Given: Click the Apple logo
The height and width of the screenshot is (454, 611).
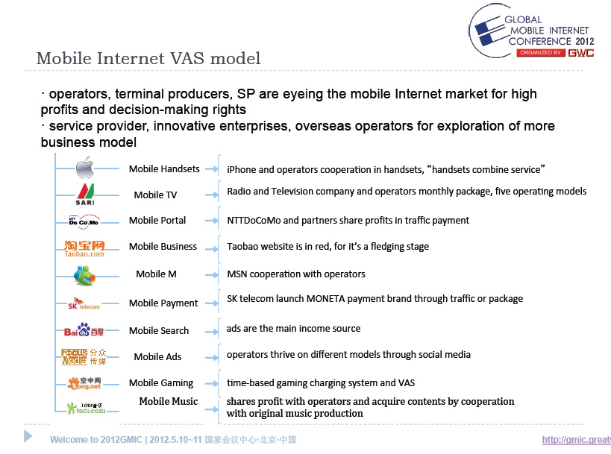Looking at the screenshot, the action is coord(85,168).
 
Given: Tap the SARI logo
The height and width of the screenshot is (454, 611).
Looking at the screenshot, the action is coord(85,195).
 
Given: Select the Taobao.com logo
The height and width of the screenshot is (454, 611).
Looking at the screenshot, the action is coord(84,248).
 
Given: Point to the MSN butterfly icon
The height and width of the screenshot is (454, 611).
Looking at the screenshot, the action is coord(84,275).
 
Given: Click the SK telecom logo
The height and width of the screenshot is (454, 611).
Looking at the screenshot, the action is coord(84,303).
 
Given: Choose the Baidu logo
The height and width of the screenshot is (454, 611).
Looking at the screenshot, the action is coord(84,330).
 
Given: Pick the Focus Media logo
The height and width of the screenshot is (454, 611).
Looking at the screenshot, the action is coord(84,356).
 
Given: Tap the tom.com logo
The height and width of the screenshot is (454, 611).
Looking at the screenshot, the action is coord(86,408).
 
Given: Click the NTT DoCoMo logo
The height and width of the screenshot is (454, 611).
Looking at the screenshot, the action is coord(84,221).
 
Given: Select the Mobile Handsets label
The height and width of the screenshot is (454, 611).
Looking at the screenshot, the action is coord(164,169).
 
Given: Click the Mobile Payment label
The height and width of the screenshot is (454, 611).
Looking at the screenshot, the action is coord(163,303).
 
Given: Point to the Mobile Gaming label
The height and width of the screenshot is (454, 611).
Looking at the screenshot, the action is coord(161,383).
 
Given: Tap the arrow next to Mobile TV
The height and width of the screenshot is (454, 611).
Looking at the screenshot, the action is coord(212,195).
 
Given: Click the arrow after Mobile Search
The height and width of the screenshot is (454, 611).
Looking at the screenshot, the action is coord(212,332).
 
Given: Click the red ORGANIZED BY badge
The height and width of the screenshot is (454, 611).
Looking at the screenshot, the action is coord(540,53).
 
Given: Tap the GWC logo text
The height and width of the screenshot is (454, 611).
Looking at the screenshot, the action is coord(580,53).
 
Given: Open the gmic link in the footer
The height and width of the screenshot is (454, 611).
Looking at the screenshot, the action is coord(577,440).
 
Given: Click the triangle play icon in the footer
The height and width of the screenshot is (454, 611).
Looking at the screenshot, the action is coord(28,436).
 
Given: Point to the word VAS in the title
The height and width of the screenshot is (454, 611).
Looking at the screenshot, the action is coord(187,58).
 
